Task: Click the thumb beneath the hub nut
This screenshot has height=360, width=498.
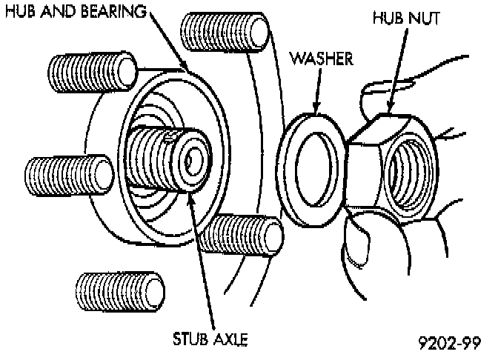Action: click(x=364, y=252)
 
